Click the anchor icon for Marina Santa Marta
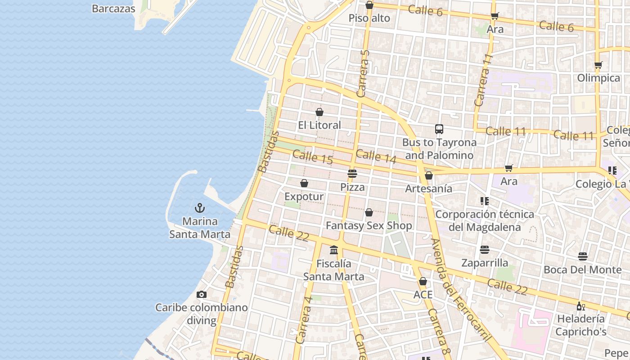pos(199,207)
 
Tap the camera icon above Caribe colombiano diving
pos(202,294)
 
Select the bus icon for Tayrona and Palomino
pos(439,129)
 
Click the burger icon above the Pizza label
pos(352,173)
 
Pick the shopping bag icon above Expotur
pos(304,183)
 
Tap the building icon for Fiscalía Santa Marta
pos(334,250)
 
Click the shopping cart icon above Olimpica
pos(598,65)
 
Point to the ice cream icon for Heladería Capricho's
pos(580,306)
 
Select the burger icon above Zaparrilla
pos(485,249)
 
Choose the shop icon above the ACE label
pos(423,281)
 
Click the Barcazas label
pos(113,9)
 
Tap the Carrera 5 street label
pos(363,73)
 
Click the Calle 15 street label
pos(313,157)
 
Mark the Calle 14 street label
pos(376,157)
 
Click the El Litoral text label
pos(319,125)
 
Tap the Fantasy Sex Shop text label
pos(369,225)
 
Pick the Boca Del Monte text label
pos(582,270)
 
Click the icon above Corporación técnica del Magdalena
pos(485,201)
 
